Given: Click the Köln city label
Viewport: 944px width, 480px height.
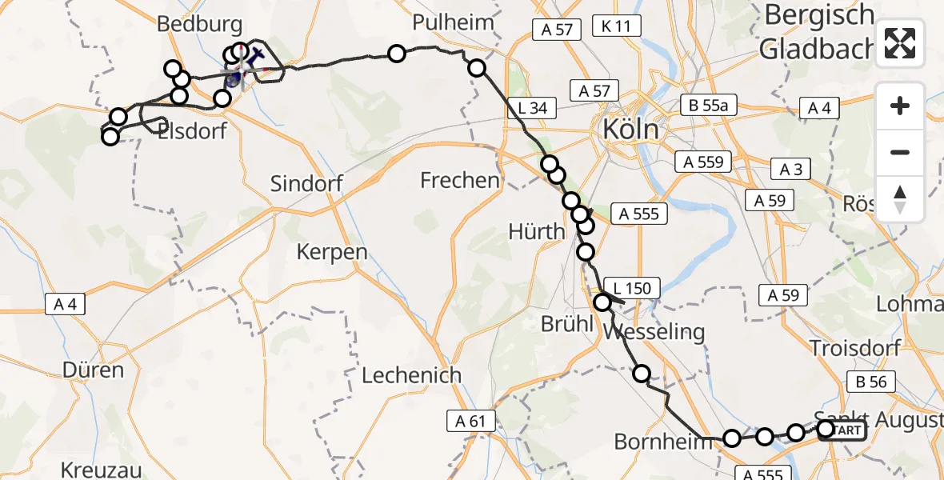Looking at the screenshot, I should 631,129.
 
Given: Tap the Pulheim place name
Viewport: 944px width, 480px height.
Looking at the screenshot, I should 453,22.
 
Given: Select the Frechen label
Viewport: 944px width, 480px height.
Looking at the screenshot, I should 460,181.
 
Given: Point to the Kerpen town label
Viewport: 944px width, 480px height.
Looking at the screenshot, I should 332,252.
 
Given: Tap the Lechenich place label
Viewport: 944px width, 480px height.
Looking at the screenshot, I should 411,374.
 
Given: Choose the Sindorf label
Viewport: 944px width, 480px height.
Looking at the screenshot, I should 306,183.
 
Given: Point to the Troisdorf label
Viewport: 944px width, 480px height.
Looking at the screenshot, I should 854,347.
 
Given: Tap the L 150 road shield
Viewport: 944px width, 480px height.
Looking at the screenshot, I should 632,288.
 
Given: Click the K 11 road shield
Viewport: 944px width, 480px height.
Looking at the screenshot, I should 612,26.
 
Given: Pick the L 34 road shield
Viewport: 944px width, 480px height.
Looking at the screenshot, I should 531,107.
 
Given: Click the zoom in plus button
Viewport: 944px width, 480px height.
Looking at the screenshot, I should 900,106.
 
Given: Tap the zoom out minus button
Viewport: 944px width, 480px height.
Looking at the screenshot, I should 900,152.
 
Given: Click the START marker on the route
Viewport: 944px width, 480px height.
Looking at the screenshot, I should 842,430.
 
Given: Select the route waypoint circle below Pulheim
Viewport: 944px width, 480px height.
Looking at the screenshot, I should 477,68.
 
